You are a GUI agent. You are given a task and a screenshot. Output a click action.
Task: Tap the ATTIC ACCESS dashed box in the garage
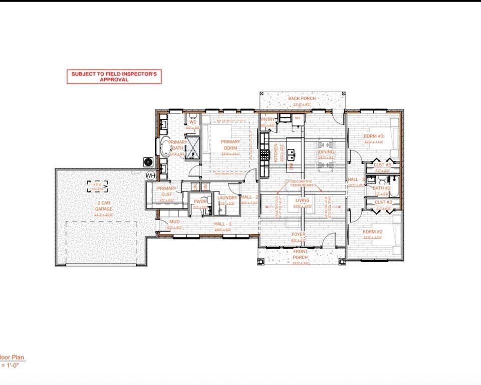click(x=97, y=186)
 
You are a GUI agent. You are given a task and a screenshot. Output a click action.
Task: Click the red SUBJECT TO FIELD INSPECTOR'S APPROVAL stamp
click(x=114, y=76)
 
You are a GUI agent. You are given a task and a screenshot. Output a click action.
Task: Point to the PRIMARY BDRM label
click(x=230, y=145)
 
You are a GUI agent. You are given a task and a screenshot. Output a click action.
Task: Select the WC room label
click(x=192, y=122)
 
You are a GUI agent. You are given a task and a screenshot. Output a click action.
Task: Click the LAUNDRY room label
click(x=227, y=198)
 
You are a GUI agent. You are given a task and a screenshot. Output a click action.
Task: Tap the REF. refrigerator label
click(x=297, y=118)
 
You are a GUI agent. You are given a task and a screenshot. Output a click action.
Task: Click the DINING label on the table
click(x=326, y=152)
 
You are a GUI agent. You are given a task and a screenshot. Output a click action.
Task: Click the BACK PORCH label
click(x=302, y=99)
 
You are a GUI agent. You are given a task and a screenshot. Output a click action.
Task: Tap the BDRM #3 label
click(x=373, y=136)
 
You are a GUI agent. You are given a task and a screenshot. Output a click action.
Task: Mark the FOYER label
click(x=299, y=234)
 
